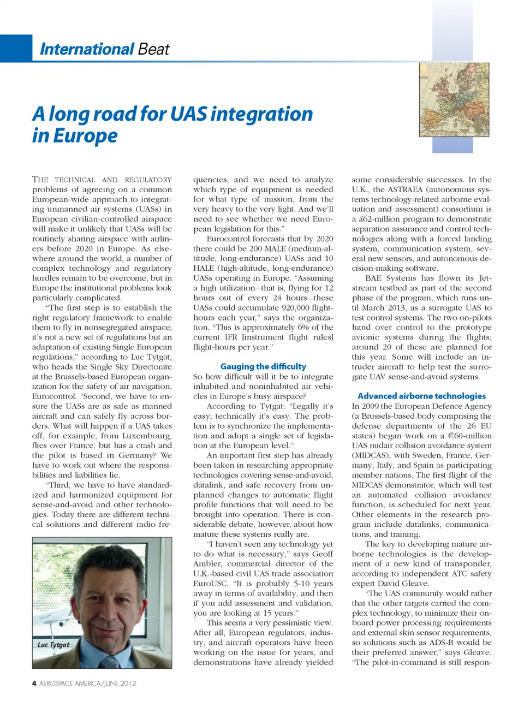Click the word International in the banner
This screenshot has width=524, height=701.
[87, 49]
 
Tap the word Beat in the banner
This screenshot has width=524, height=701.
[153, 49]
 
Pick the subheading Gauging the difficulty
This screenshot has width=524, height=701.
[263, 366]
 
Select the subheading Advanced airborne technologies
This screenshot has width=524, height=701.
[421, 396]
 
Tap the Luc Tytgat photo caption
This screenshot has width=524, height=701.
[53, 645]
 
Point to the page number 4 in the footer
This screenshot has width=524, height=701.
[34, 683]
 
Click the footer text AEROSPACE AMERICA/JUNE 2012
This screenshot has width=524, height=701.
[88, 683]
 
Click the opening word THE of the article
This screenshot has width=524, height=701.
[41, 180]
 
